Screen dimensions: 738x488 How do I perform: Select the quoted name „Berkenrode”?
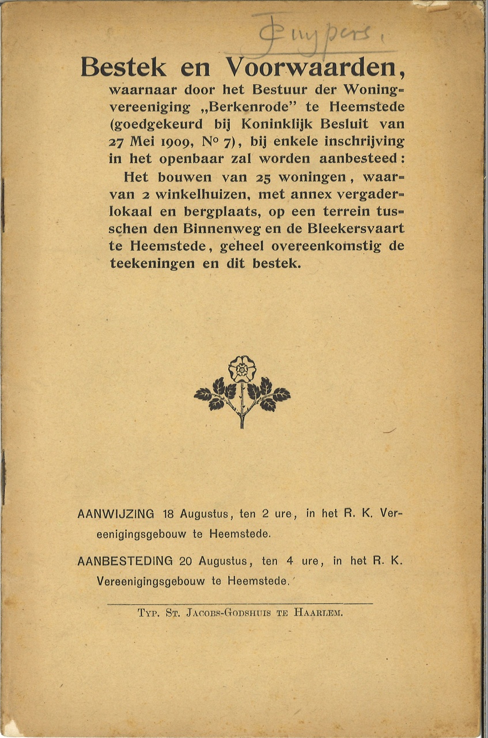(x=236, y=107)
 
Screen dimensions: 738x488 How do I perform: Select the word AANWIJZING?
(x=115, y=514)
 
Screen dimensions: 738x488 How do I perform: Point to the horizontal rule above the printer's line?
(x=240, y=604)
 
